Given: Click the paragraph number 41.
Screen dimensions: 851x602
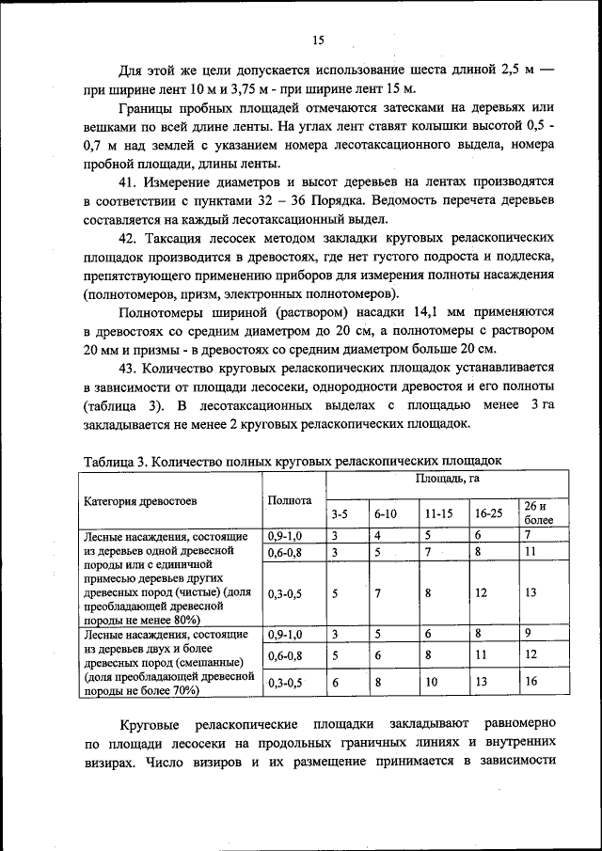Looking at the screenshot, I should [x=128, y=180].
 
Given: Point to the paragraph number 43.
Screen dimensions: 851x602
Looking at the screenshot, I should [x=128, y=367].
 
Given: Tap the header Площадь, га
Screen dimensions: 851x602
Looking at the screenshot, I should [x=442, y=480].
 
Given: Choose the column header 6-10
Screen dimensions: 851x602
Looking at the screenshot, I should [x=387, y=514].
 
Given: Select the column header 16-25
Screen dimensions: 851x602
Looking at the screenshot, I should [x=488, y=514].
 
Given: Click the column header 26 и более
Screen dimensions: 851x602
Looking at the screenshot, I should [x=539, y=512].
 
